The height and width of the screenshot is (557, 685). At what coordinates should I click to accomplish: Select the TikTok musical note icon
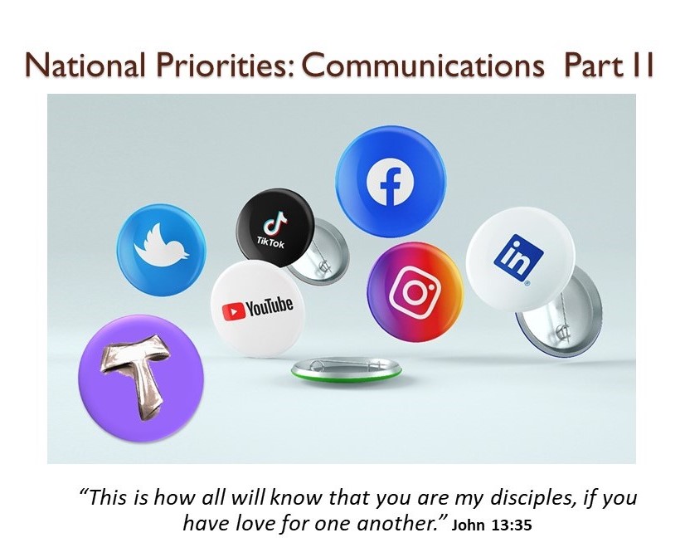274,223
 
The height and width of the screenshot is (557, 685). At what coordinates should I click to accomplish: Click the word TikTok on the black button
270,242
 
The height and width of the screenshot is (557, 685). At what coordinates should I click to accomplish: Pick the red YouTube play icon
233,311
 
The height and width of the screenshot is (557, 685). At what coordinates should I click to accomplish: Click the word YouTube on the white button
269,307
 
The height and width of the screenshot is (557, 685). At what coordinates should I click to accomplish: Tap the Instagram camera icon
414,291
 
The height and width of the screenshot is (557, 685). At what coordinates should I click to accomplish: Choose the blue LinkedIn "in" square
518,257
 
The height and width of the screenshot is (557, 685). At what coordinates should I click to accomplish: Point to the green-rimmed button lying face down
347,370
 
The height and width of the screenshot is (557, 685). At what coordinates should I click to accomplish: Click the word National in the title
85,65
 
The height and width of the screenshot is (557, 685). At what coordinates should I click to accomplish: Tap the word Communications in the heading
423,65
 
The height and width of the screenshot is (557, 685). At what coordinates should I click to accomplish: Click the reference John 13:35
492,525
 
